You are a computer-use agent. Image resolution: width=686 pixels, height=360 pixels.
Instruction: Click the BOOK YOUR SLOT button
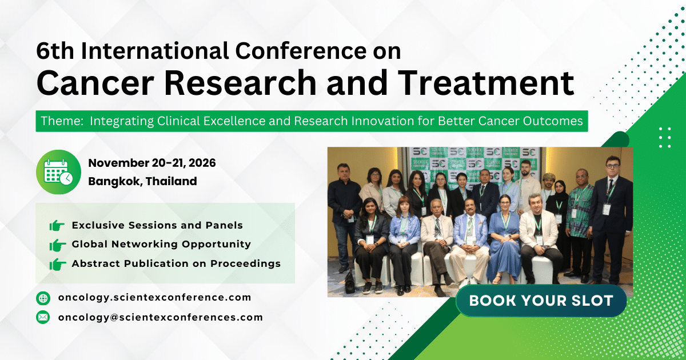pyautogui.click(x=541, y=301)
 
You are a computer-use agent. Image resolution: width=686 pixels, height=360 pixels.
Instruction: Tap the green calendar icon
pyautogui.click(x=58, y=171)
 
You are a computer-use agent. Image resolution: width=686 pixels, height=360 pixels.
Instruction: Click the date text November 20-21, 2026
pyautogui.click(x=152, y=163)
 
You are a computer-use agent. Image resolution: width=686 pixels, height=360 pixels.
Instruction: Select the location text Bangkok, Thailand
pyautogui.click(x=142, y=182)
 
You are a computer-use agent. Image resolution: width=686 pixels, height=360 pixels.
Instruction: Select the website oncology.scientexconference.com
pyautogui.click(x=154, y=297)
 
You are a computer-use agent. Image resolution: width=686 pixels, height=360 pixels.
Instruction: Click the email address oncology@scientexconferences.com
pyautogui.click(x=160, y=317)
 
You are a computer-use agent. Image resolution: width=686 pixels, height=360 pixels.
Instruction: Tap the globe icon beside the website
pyautogui.click(x=43, y=298)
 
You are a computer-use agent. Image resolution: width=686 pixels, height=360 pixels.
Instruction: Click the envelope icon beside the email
pyautogui.click(x=43, y=317)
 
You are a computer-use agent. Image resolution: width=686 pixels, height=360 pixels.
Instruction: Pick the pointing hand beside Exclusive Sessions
pyautogui.click(x=57, y=226)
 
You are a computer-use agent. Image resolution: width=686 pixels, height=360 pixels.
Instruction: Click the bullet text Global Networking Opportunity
pyautogui.click(x=161, y=244)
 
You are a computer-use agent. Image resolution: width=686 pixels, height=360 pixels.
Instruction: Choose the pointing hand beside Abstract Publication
pyautogui.click(x=57, y=264)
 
